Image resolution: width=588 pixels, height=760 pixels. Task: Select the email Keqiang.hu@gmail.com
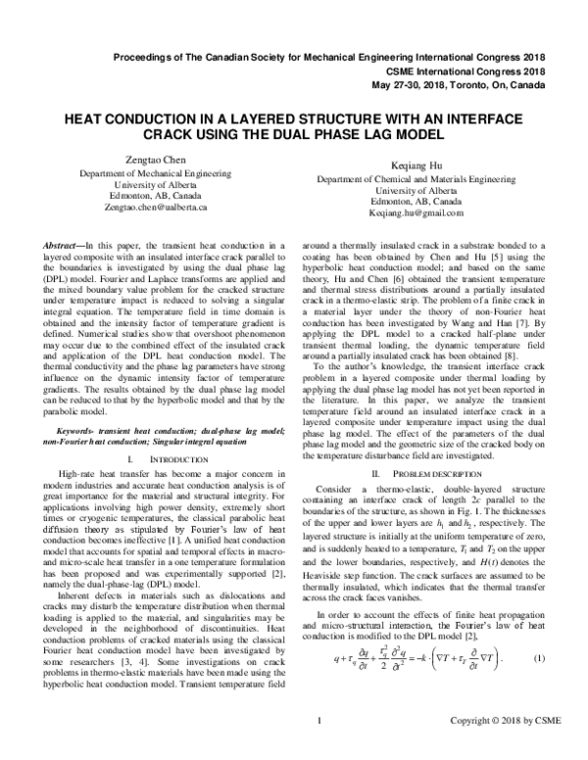(416, 214)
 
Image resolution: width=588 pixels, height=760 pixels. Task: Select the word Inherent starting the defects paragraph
(63, 582)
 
